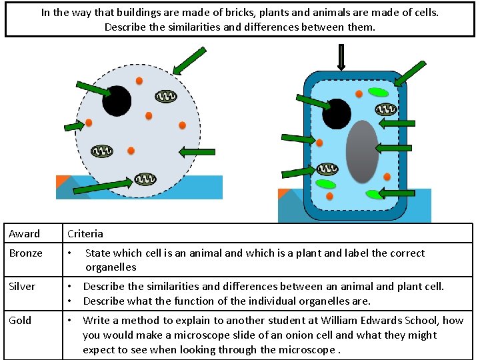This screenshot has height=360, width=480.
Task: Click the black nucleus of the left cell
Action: click(x=117, y=101)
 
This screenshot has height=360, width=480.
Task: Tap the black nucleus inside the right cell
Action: click(x=337, y=113)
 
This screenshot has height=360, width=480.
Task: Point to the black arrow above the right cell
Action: click(x=342, y=57)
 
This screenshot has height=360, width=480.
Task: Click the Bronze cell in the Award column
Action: click(x=25, y=253)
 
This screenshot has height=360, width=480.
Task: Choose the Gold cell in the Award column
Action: click(x=20, y=321)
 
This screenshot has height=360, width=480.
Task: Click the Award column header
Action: click(x=24, y=234)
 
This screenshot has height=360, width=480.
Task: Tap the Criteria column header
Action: click(x=85, y=234)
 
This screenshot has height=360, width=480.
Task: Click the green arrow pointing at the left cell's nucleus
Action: click(x=93, y=89)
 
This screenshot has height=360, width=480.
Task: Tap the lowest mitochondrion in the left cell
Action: click(x=145, y=179)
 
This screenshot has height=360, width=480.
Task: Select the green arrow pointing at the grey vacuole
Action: click(x=393, y=148)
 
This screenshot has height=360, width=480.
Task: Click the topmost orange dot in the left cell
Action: click(x=139, y=81)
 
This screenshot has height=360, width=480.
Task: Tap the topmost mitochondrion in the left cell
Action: click(x=165, y=97)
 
